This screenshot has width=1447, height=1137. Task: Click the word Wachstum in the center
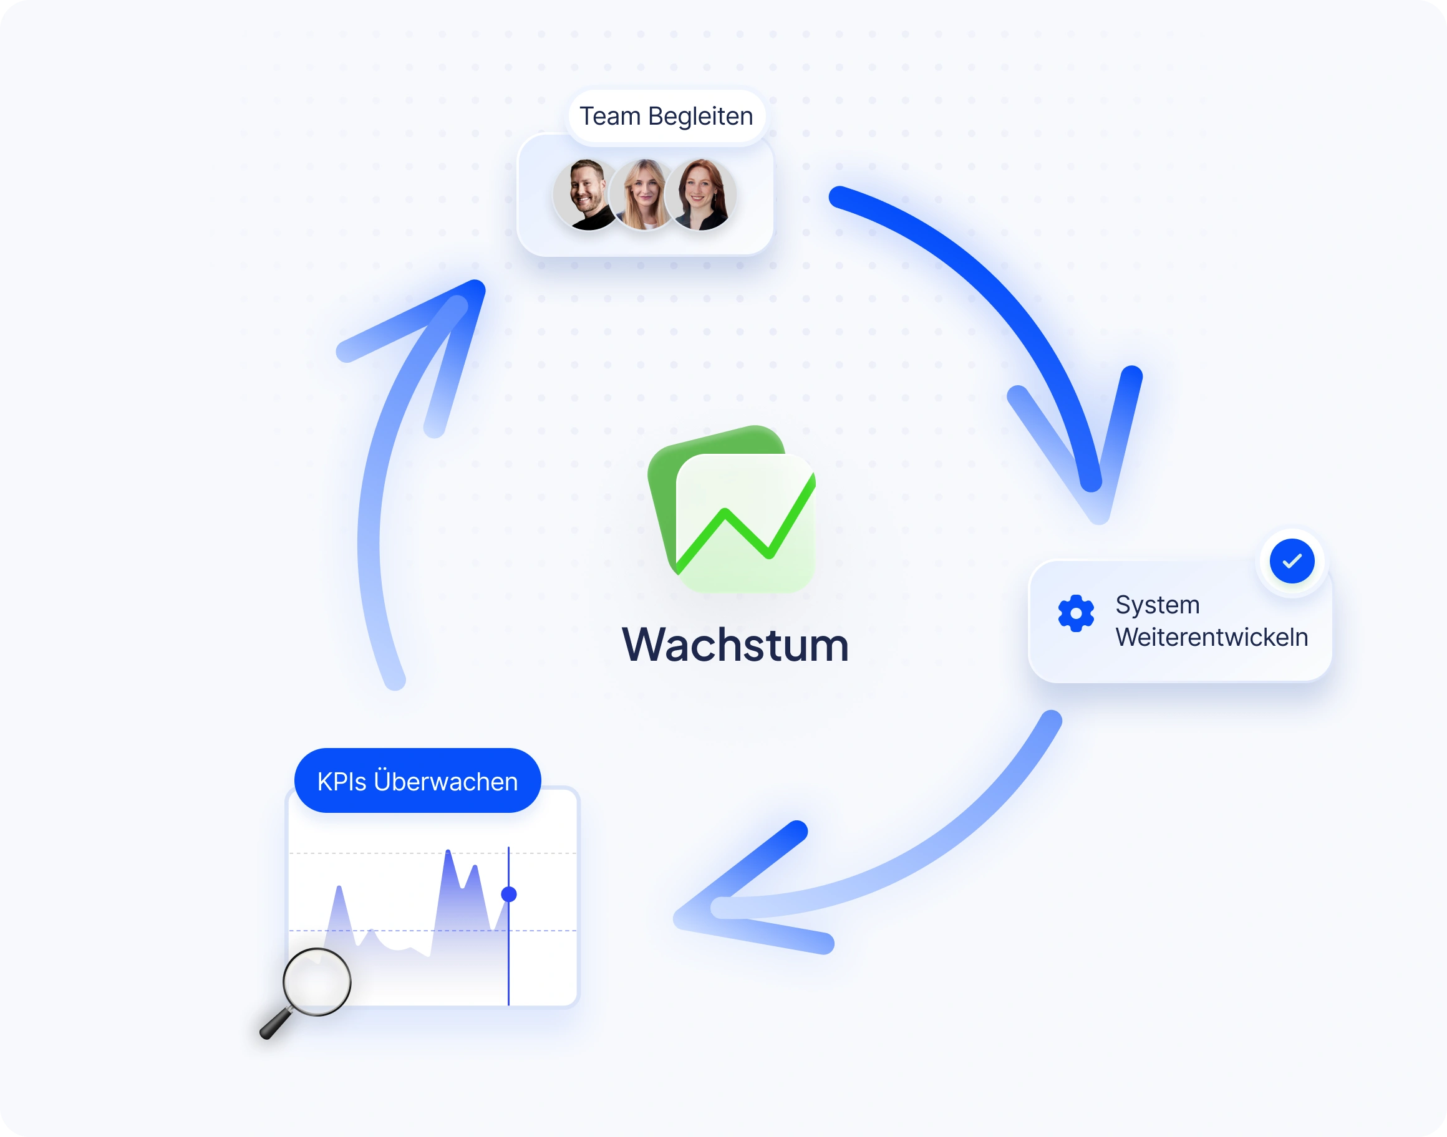[735, 645]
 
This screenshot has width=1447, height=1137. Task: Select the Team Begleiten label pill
[666, 117]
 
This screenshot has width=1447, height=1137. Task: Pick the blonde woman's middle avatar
[643, 195]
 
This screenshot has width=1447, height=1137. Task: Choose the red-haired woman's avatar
[700, 195]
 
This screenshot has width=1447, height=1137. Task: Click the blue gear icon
[1075, 613]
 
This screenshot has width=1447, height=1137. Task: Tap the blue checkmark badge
[1291, 561]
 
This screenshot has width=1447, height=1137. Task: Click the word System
[1158, 605]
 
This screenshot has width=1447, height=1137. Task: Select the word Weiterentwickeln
[1211, 638]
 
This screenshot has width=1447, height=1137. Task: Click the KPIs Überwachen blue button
[417, 781]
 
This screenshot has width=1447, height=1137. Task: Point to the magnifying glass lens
[316, 981]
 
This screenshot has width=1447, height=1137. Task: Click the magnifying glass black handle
[273, 1025]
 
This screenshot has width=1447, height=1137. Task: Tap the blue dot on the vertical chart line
[509, 894]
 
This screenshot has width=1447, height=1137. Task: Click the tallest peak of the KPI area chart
[448, 853]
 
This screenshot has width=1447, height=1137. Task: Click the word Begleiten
[700, 117]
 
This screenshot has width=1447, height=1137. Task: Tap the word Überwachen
[445, 781]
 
